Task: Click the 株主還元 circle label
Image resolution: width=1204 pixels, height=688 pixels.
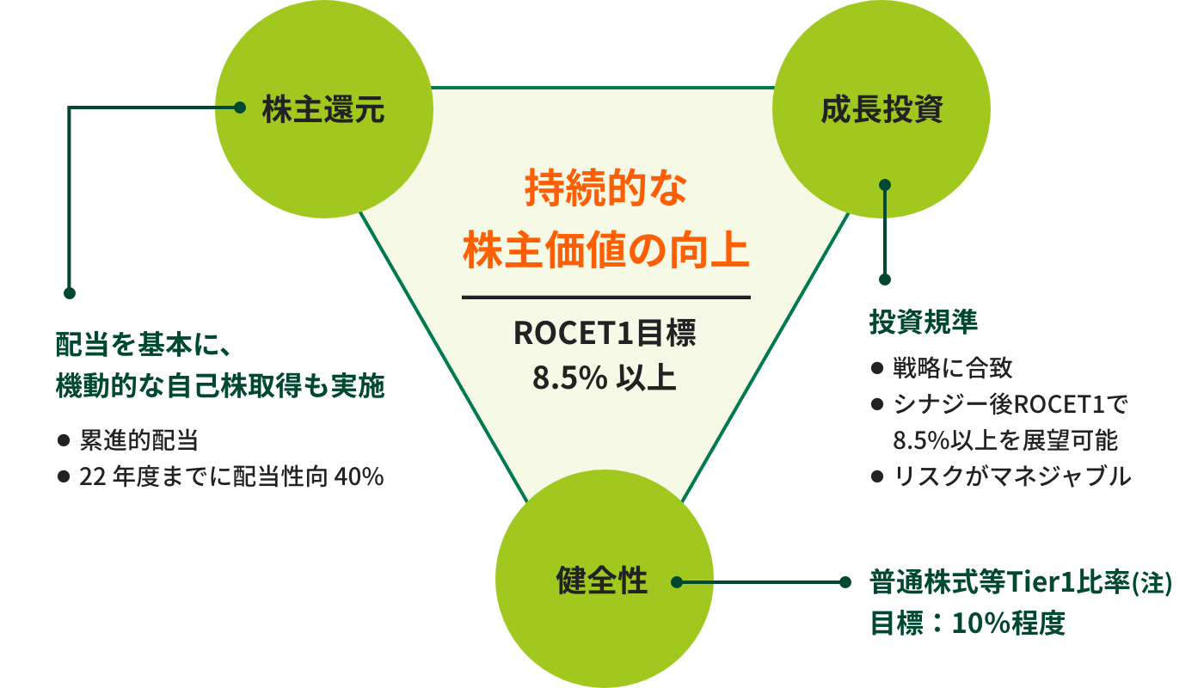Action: tap(323, 109)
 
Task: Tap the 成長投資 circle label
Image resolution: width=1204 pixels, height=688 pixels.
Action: tap(882, 109)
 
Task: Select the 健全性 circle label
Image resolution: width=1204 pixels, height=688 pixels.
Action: tap(602, 580)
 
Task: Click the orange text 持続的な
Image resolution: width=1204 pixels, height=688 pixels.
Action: tap(606, 187)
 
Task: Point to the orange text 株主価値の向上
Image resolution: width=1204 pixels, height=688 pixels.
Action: tap(606, 250)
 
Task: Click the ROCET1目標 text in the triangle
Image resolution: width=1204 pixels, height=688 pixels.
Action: tap(605, 333)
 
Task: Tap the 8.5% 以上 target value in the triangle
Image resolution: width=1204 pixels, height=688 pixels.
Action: tap(605, 378)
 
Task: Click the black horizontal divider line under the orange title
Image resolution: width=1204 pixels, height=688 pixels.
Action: tap(606, 297)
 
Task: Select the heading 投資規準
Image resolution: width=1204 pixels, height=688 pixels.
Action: tap(924, 322)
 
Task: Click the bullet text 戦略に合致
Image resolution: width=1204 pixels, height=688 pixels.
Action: tap(953, 368)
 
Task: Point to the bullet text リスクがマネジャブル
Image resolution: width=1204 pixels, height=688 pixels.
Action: tap(1012, 476)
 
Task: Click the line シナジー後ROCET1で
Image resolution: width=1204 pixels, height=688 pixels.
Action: tap(1010, 404)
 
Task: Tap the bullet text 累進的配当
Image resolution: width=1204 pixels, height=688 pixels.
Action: tap(139, 440)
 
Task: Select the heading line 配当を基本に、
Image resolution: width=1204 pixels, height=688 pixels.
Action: tap(144, 344)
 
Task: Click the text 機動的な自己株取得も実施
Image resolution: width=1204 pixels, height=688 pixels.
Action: tap(220, 385)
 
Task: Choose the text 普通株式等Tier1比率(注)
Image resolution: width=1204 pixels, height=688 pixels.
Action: tap(1021, 582)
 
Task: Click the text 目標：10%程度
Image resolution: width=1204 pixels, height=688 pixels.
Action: tap(967, 623)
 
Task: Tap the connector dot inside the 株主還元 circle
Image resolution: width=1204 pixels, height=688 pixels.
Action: tap(240, 108)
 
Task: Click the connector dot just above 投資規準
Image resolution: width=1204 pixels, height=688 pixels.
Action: tap(885, 279)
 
